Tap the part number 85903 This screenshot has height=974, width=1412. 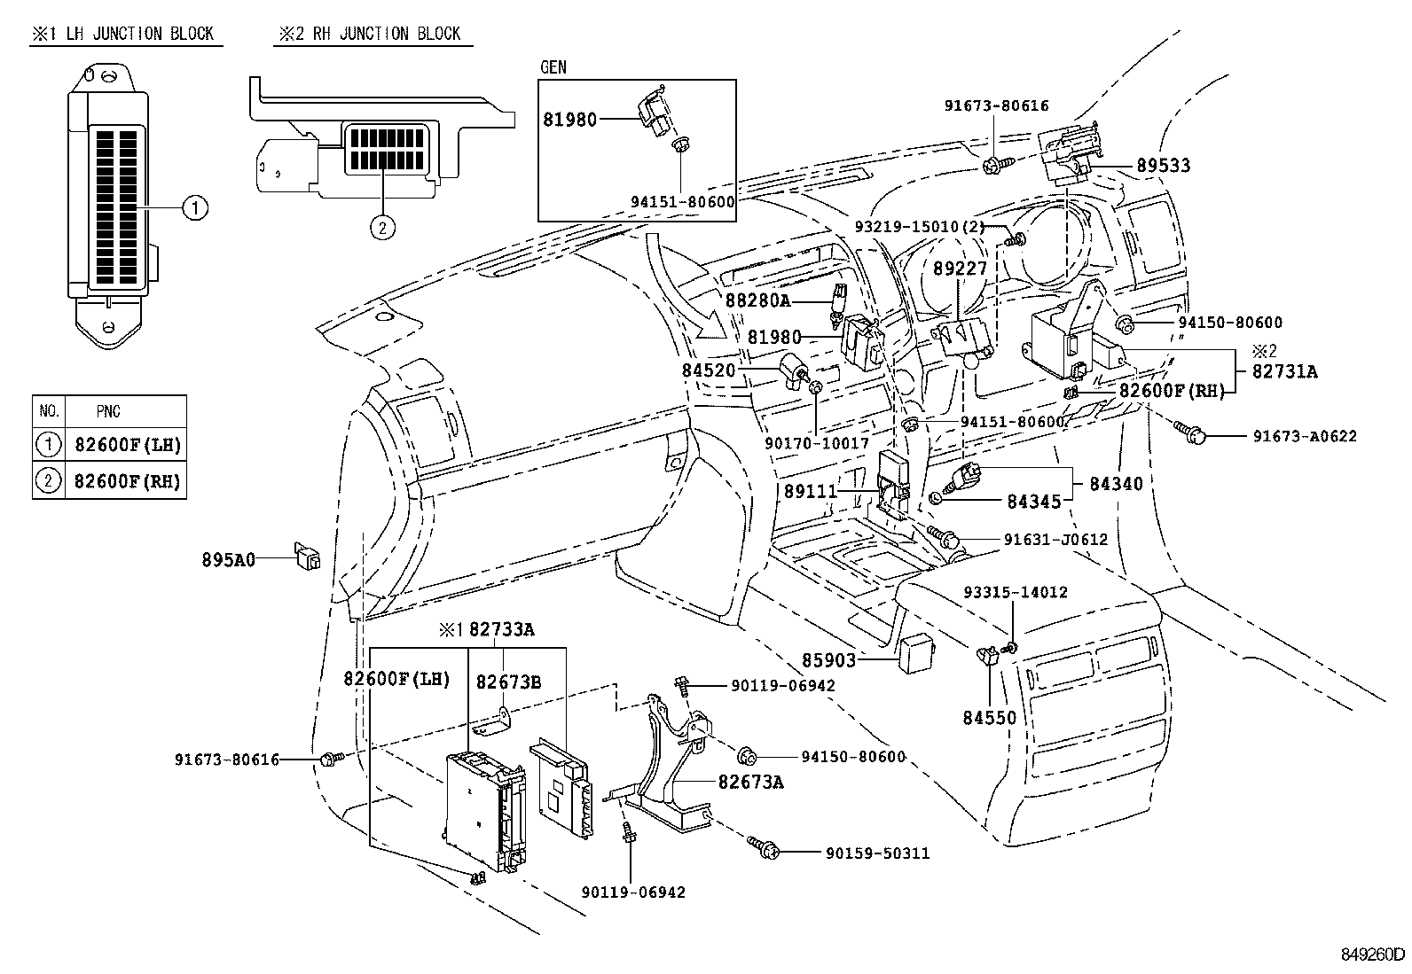click(829, 660)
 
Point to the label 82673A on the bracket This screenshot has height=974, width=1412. click(750, 782)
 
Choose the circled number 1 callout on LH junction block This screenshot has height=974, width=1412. click(194, 208)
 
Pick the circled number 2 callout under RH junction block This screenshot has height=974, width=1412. click(381, 228)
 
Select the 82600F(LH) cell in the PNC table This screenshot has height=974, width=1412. click(127, 444)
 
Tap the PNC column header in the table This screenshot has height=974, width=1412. click(109, 411)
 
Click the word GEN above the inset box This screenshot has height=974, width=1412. click(553, 67)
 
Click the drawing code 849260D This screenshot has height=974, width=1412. click(1372, 955)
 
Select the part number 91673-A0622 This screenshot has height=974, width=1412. click(1304, 436)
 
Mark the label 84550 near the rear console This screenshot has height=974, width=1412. click(989, 718)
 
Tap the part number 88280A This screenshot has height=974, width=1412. click(757, 300)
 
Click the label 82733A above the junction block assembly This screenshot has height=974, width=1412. click(501, 630)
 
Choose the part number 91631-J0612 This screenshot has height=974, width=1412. click(1055, 539)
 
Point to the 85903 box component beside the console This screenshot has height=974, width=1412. click(915, 653)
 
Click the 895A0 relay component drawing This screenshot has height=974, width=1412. click(309, 559)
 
